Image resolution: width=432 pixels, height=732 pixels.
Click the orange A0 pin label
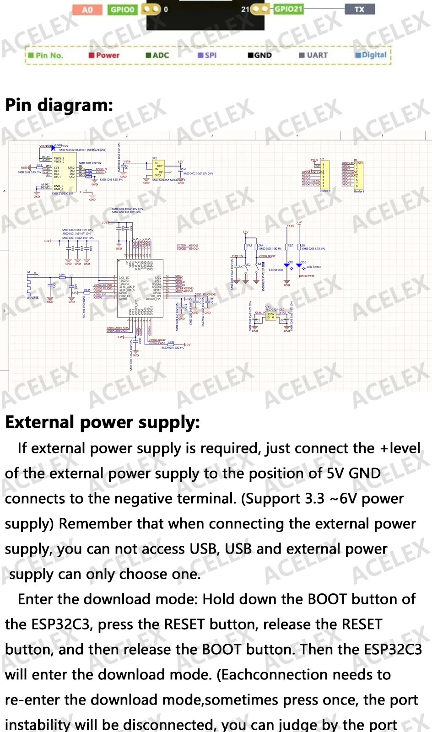coord(87,10)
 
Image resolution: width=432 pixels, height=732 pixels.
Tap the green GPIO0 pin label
coord(122,10)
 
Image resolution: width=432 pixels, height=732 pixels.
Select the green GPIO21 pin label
coord(288,9)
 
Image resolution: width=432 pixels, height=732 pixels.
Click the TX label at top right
coord(360,9)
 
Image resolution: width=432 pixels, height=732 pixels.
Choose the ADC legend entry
coord(157,55)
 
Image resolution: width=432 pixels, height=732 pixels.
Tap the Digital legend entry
coord(371,55)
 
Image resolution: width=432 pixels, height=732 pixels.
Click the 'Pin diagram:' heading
coord(59,105)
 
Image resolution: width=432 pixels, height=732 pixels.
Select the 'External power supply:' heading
coord(103,422)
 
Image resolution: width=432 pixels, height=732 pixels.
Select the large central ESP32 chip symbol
coord(140,288)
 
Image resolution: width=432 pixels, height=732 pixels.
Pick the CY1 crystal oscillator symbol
coord(271,316)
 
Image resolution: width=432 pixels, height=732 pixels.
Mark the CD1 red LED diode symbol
coord(287,265)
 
